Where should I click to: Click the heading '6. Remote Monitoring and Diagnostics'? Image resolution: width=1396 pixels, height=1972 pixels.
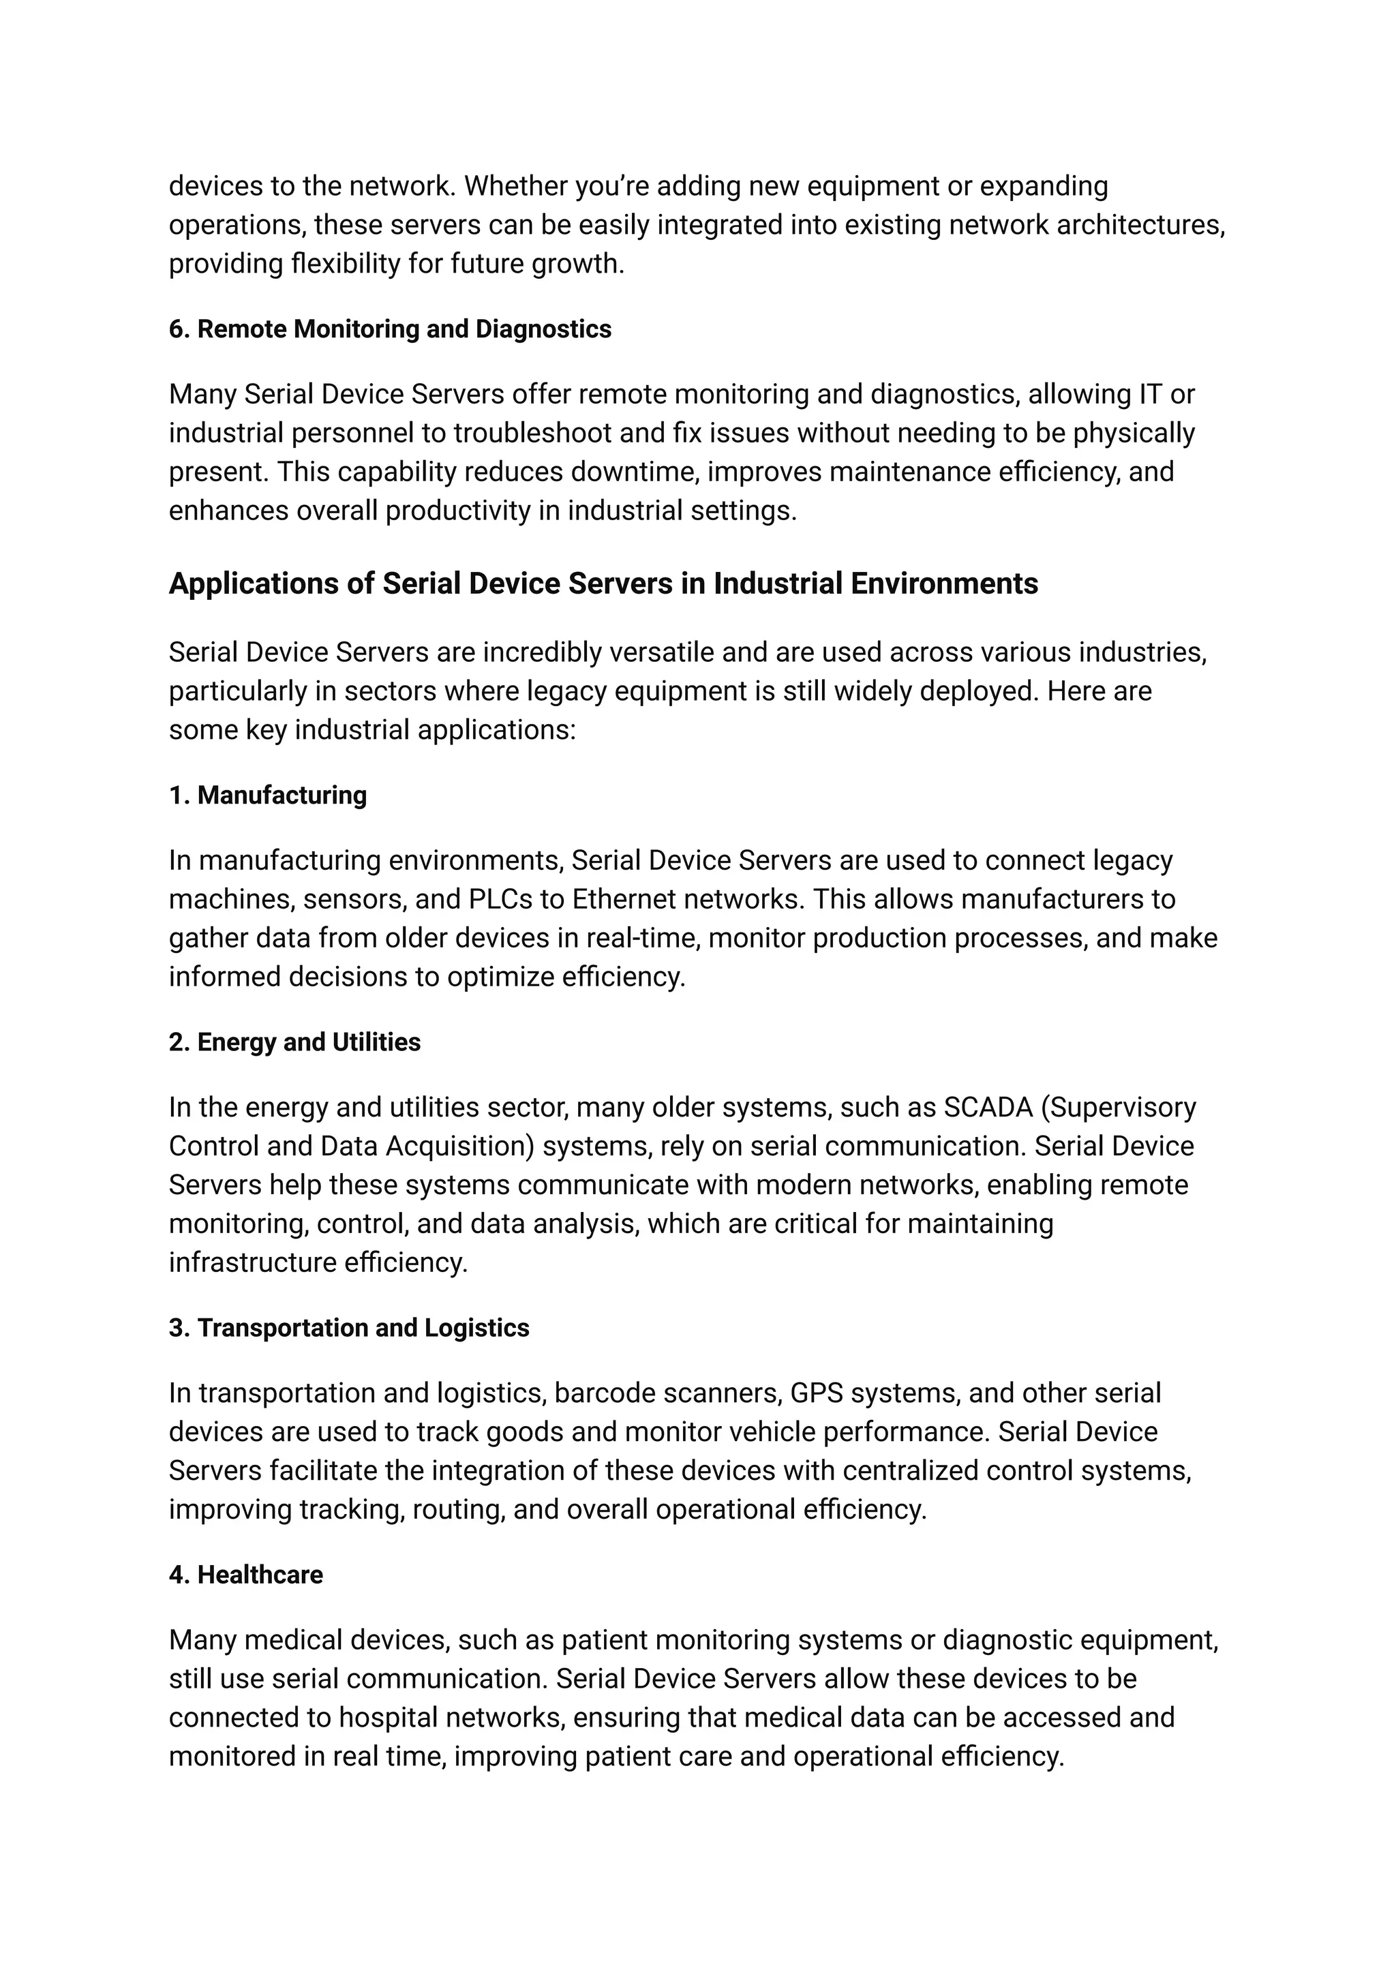coord(389,329)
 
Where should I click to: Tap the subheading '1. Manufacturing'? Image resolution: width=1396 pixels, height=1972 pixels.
coord(267,795)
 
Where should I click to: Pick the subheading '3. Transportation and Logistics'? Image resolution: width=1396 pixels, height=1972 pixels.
coord(348,1328)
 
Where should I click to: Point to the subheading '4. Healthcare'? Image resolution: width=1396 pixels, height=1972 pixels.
coord(246,1575)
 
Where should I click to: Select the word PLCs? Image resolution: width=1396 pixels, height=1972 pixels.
coord(500,899)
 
